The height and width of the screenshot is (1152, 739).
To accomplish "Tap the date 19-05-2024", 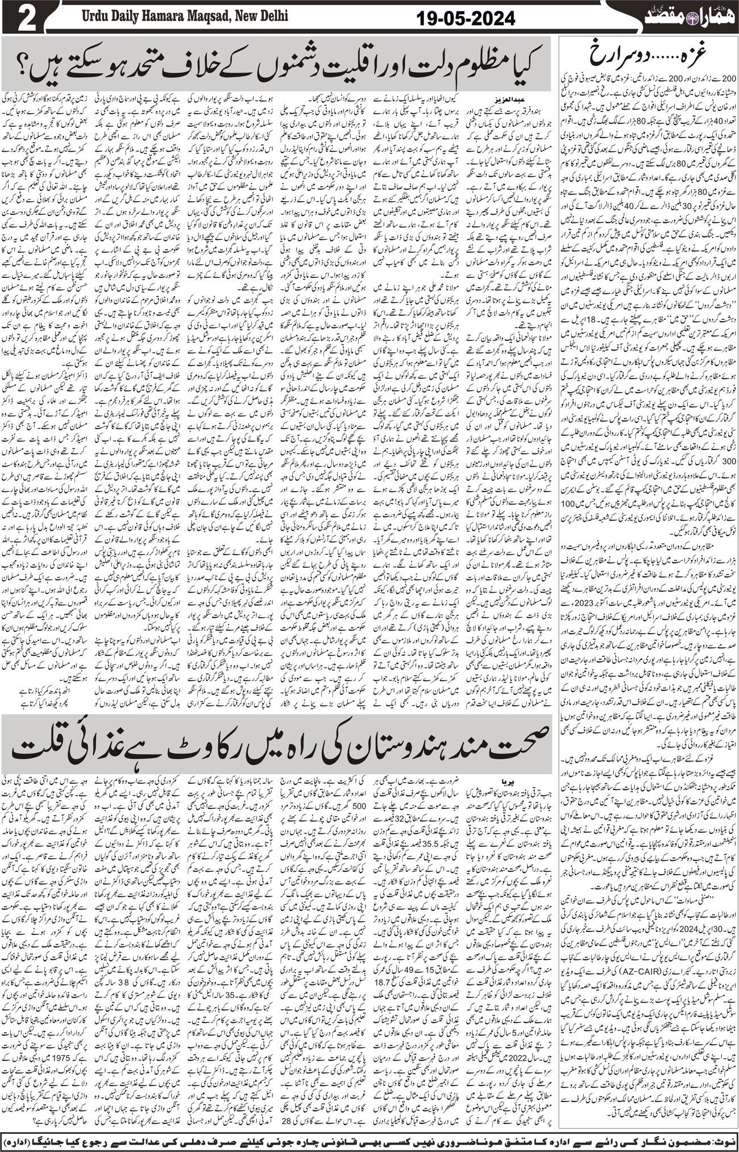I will (465, 20).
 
